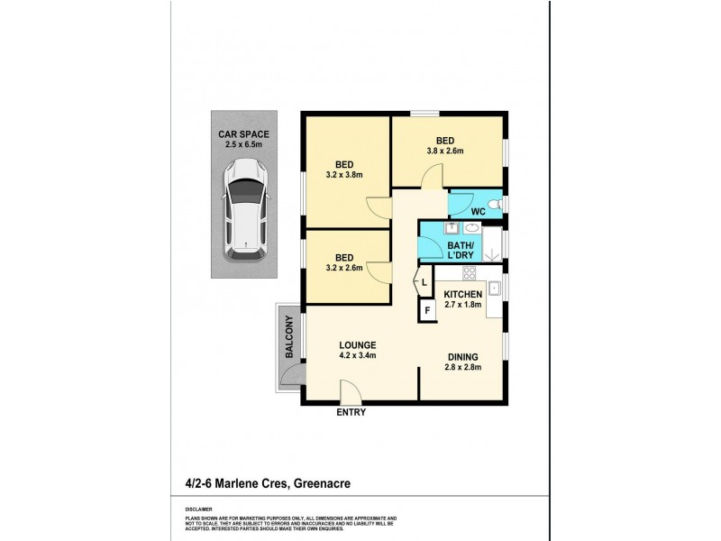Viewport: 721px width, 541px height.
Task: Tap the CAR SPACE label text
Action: click(243, 140)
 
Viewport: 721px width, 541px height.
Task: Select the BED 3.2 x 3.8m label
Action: click(343, 169)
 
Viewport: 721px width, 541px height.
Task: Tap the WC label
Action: click(478, 211)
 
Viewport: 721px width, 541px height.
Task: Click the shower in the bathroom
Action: click(492, 244)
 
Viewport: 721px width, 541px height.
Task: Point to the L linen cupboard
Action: click(424, 283)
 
